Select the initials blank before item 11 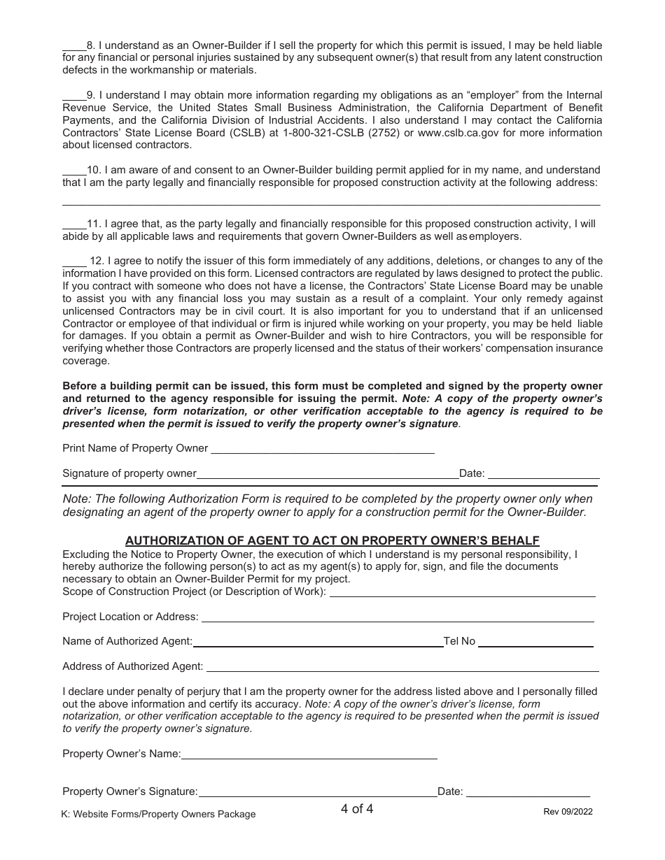tap(74, 225)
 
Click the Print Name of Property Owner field tap(322, 449)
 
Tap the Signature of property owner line tap(327, 474)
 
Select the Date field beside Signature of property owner tap(543, 474)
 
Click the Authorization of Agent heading tap(332, 540)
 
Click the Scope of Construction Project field tap(462, 592)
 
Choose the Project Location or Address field tap(398, 617)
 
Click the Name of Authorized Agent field tap(318, 642)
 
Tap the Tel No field tap(535, 642)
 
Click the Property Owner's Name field tap(309, 754)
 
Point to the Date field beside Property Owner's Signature tap(528, 792)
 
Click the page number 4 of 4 tap(357, 810)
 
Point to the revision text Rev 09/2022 tap(568, 812)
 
